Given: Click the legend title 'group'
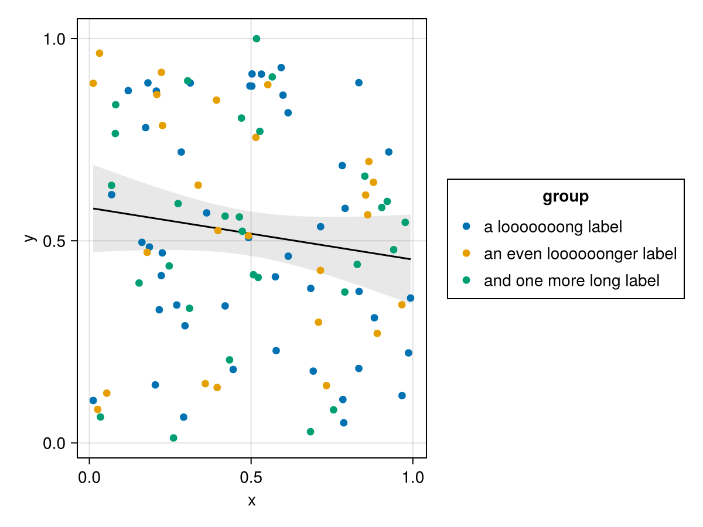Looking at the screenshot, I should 565,197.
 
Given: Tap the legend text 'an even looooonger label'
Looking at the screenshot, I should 580,254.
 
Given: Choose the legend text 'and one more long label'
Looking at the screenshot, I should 571,280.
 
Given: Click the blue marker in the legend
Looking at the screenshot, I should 466,226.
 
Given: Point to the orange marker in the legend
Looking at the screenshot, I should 466,253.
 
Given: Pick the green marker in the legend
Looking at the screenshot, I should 466,280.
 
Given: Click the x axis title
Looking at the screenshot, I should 251,501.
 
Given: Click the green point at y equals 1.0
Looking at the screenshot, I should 256,39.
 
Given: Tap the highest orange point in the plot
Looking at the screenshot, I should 99,53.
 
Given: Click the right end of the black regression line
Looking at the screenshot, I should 410,259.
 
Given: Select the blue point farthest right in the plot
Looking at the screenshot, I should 410,298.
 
